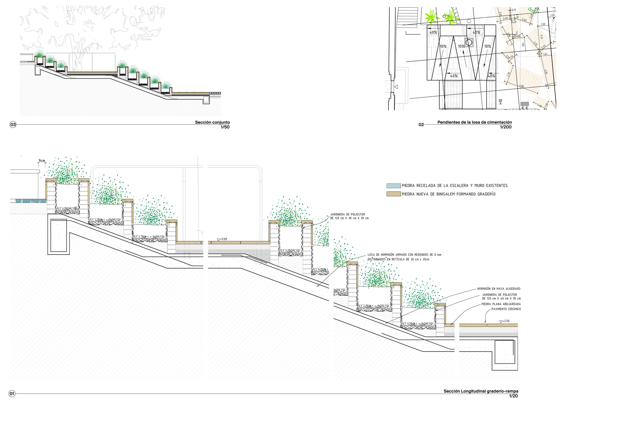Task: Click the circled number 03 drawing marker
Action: coord(13,125)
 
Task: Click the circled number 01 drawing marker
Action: coord(12,394)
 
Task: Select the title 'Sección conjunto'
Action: coord(212,122)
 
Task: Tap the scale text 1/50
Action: coord(225,127)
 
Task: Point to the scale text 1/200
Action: coord(506,127)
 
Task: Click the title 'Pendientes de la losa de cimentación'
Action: coord(474,122)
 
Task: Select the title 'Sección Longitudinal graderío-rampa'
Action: coord(480,391)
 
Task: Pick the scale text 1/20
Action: coord(513,396)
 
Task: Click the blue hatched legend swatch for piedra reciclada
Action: coord(393,186)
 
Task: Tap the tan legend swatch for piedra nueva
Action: coord(393,194)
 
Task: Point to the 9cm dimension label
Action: coord(42,161)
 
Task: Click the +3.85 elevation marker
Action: coord(222,239)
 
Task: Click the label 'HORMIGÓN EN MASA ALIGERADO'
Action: coord(498,289)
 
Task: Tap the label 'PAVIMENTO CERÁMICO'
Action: coord(506,309)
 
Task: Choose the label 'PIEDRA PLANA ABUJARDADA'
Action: coord(501,304)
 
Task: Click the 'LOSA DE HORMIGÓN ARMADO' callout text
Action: coord(404,257)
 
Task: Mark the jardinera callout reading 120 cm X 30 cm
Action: coord(349,216)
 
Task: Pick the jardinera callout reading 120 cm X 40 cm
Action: coord(501,297)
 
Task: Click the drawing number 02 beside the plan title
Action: coord(421,125)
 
